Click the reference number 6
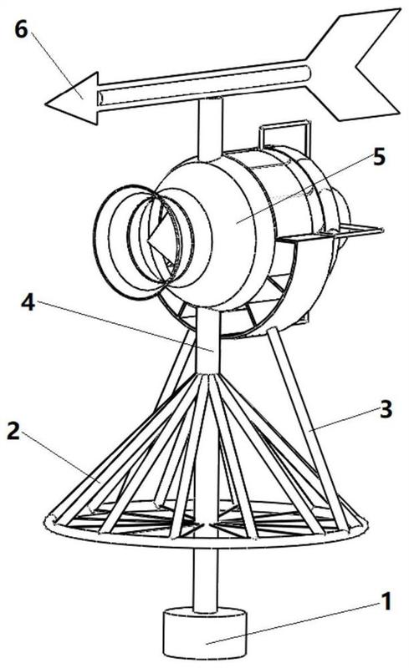(22, 30)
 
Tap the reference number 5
(378, 157)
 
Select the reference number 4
(28, 301)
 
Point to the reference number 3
(386, 409)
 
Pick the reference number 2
(13, 432)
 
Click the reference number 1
(386, 601)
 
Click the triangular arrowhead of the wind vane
(72, 99)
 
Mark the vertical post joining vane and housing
(211, 128)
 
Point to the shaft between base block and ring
(206, 580)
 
